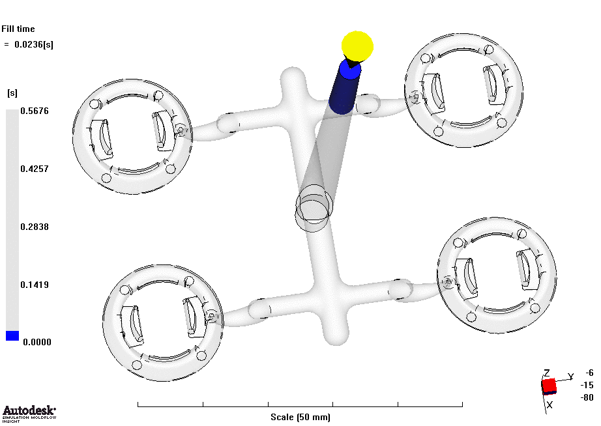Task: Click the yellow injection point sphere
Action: coord(357,46)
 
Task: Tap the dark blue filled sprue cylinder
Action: coord(345,87)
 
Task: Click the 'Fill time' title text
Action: coord(18,29)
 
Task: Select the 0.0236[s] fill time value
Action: coord(34,44)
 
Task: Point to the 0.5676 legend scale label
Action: coord(35,111)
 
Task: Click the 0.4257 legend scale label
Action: coord(35,169)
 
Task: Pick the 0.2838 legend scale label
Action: coord(35,227)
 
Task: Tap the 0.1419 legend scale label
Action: coord(35,285)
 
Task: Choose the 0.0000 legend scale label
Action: coord(37,342)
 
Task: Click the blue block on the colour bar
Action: coord(12,335)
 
